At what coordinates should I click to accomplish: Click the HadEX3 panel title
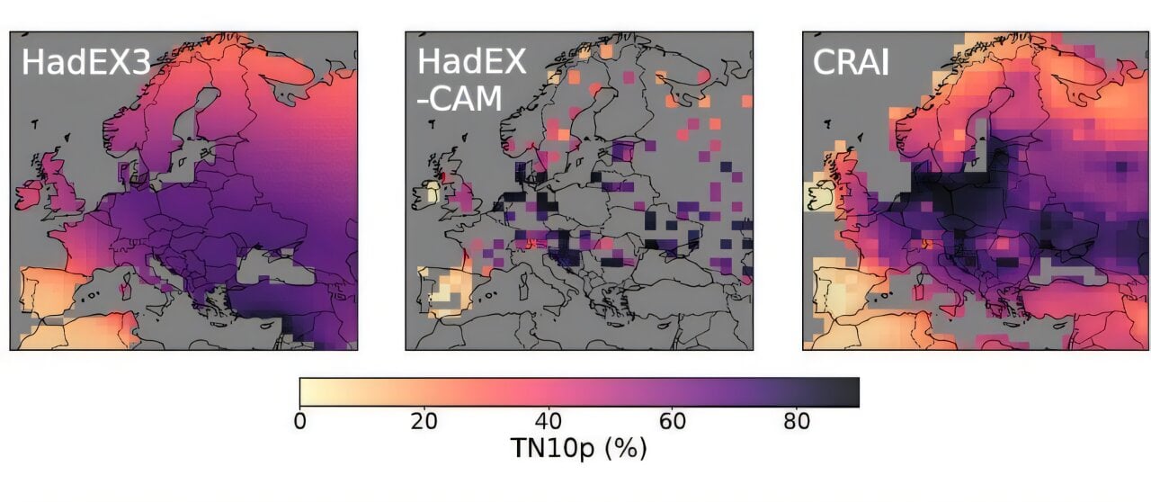85,63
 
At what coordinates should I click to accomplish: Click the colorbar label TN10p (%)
579,448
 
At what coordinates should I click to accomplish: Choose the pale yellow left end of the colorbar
307,392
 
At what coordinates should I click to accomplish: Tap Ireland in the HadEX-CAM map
429,192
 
